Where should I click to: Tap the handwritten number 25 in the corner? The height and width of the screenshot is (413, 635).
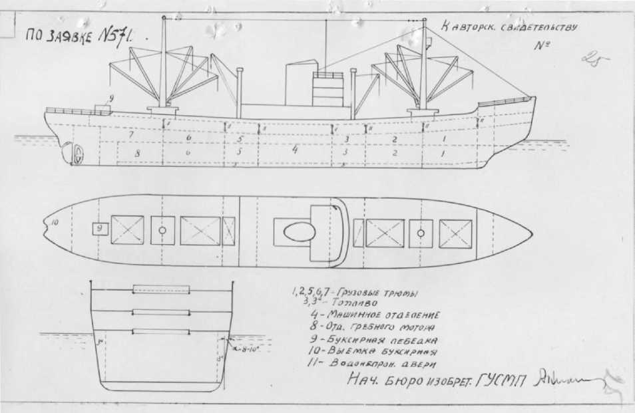(594, 61)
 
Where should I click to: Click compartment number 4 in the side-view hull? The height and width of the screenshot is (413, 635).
(294, 149)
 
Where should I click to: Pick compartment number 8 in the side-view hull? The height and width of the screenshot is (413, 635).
(138, 153)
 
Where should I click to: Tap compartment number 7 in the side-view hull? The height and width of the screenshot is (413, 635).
(131, 135)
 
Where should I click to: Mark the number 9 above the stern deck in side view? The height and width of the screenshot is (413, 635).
(112, 98)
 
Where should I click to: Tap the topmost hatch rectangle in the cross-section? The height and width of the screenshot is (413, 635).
(162, 289)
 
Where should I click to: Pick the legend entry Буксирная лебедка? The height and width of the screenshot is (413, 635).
(377, 339)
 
